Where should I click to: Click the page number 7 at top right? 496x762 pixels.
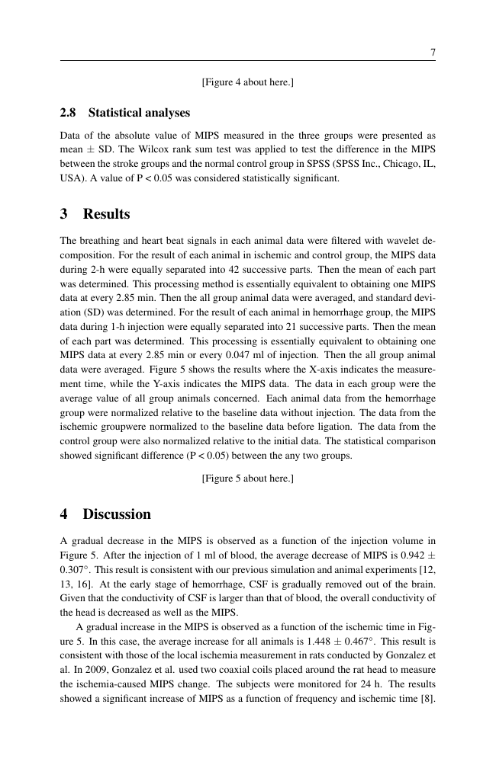click(433, 53)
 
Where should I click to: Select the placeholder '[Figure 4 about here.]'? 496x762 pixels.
click(247, 82)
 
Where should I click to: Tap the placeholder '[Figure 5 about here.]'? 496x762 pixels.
click(247, 479)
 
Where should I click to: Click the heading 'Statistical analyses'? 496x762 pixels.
click(139, 113)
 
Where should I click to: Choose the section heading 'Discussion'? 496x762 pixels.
click(117, 514)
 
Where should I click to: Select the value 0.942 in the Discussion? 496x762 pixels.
click(404, 555)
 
